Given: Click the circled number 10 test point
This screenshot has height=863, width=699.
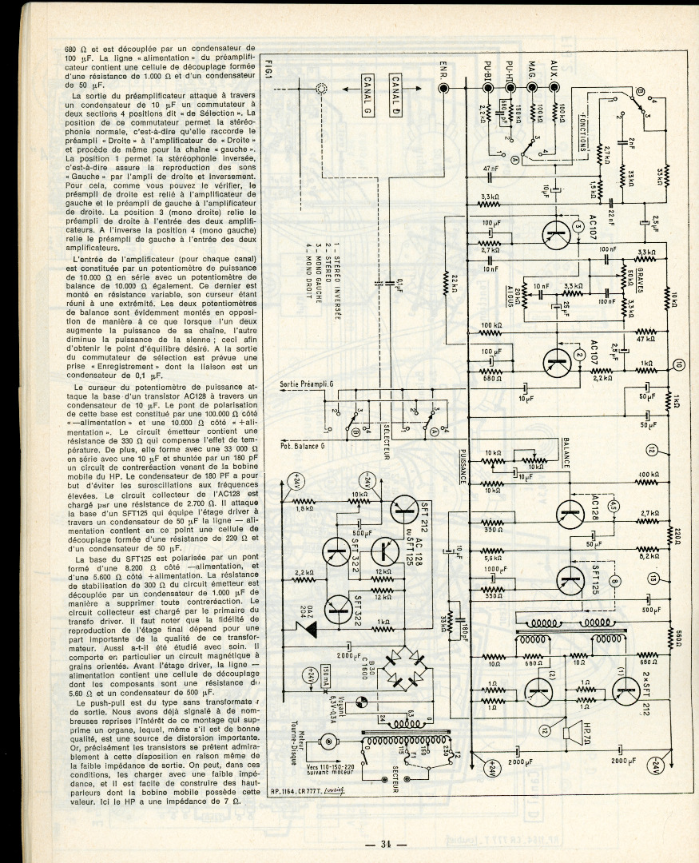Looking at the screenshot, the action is click(679, 365).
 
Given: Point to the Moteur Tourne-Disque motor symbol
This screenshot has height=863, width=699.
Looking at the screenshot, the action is click(327, 743).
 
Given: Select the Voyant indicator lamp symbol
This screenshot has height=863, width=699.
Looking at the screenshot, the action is click(359, 702).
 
